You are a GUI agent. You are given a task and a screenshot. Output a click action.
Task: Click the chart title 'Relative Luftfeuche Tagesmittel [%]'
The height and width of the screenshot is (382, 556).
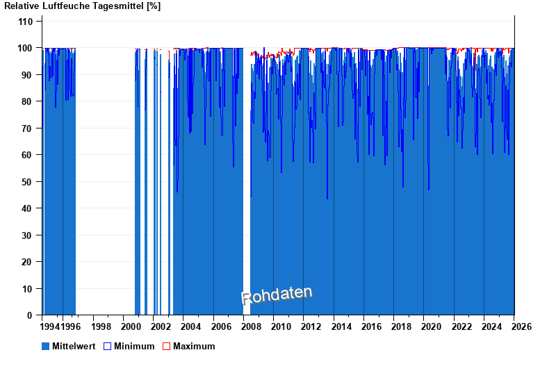pyautogui.click(x=82, y=6)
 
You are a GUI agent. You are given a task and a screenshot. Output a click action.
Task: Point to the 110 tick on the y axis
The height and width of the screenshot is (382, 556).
pyautogui.click(x=26, y=22)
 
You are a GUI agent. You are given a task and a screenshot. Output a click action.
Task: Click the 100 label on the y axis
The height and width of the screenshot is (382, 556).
pyautogui.click(x=26, y=48)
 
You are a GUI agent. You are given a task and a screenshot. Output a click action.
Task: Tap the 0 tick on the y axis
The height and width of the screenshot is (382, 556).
pyautogui.click(x=30, y=315)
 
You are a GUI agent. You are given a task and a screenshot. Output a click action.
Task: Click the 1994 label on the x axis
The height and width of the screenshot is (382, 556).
pyautogui.click(x=51, y=326)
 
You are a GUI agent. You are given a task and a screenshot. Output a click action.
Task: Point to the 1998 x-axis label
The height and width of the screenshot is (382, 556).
pyautogui.click(x=101, y=326)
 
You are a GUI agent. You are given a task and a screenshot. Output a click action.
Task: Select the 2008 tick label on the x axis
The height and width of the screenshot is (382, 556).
pyautogui.click(x=251, y=326)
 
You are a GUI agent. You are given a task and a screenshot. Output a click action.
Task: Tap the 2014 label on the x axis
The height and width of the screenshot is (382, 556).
pyautogui.click(x=341, y=326)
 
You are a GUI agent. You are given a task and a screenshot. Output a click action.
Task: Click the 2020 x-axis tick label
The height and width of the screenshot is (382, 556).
pyautogui.click(x=432, y=326)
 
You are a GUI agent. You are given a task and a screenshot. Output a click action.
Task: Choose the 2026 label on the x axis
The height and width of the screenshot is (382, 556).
pyautogui.click(x=521, y=326)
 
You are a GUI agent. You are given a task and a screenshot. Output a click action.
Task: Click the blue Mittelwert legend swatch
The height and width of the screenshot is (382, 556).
pyautogui.click(x=46, y=346)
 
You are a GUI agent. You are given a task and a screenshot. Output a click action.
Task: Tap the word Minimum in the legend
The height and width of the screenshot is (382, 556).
pyautogui.click(x=134, y=346)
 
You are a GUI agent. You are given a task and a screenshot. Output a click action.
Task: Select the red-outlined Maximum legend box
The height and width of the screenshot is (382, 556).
pyautogui.click(x=166, y=346)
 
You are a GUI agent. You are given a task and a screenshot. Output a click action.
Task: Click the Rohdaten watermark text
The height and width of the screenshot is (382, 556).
pyautogui.click(x=277, y=295)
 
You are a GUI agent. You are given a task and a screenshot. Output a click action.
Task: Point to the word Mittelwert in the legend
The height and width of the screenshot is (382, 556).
pyautogui.click(x=74, y=346)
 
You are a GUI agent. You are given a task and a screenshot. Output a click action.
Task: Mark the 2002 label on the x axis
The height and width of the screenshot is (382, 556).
pyautogui.click(x=161, y=326)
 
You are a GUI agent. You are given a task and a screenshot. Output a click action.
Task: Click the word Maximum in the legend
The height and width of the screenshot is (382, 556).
pyautogui.click(x=194, y=346)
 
